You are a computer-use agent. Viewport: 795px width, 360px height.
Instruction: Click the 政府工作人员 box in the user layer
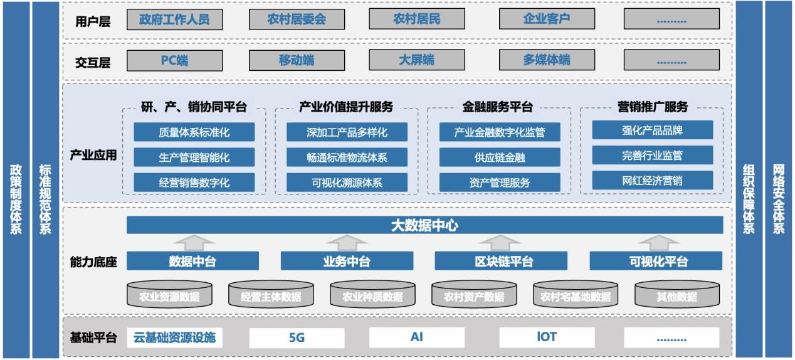(174, 19)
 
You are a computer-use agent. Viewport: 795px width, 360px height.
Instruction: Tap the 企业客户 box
(546, 19)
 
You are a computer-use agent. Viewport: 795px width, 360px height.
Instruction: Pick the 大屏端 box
(416, 61)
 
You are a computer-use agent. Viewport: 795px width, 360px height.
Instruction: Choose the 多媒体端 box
(546, 61)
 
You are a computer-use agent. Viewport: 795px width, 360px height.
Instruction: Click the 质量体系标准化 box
(194, 132)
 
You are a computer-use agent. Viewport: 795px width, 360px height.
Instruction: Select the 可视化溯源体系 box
(347, 183)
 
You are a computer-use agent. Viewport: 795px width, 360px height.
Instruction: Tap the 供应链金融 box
(500, 157)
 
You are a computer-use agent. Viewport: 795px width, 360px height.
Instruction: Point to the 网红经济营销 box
(653, 181)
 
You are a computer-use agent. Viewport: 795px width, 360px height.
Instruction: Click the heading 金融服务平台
(499, 107)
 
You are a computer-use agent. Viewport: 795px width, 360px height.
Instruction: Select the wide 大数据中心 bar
(424, 225)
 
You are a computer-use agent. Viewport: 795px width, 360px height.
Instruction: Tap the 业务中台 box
(347, 261)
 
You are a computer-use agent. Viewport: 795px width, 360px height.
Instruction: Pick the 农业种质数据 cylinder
(372, 295)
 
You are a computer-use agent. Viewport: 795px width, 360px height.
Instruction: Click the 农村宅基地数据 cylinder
(575, 295)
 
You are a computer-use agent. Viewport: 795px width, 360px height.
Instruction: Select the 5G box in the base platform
(297, 337)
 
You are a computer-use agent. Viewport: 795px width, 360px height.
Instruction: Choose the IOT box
(546, 337)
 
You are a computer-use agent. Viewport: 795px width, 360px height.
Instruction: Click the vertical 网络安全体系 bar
(779, 180)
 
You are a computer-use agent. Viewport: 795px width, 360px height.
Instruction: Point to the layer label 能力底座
(93, 262)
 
